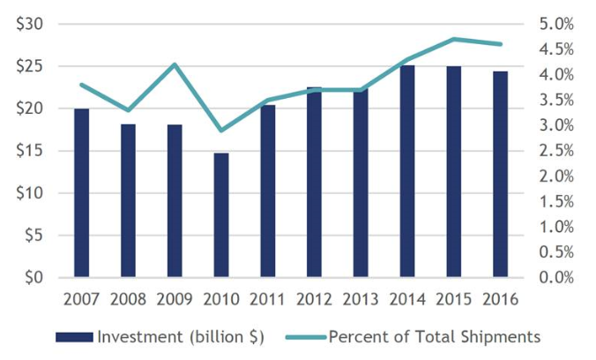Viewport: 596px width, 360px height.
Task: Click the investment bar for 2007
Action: coord(81,193)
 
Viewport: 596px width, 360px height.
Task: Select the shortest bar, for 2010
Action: coord(196,215)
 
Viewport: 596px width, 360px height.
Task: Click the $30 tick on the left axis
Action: coord(30,24)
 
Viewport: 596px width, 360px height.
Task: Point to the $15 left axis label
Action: coord(30,151)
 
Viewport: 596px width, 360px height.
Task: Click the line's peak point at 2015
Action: coord(454,39)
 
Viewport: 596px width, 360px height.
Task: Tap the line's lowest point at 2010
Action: coord(220,131)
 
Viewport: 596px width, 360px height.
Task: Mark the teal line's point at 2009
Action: coord(175,64)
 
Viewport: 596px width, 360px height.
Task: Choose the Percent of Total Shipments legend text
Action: coord(435,336)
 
